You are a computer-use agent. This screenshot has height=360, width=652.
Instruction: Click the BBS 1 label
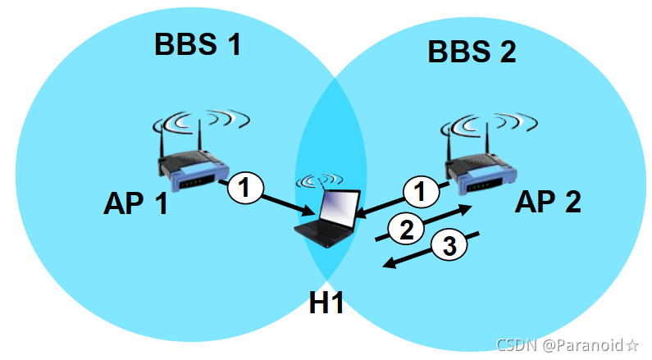[198, 44]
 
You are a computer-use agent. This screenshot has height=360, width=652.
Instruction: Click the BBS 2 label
[472, 52]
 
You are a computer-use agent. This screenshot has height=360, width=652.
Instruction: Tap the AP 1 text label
[135, 202]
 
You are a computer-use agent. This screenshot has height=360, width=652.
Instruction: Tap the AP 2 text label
[548, 200]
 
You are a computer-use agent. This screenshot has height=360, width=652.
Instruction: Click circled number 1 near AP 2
[420, 194]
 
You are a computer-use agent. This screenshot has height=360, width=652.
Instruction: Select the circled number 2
[405, 230]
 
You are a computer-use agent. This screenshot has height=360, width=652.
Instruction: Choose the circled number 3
[448, 244]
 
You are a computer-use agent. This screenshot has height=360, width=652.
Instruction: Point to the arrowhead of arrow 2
[467, 209]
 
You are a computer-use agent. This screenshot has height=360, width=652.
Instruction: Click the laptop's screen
[336, 207]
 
